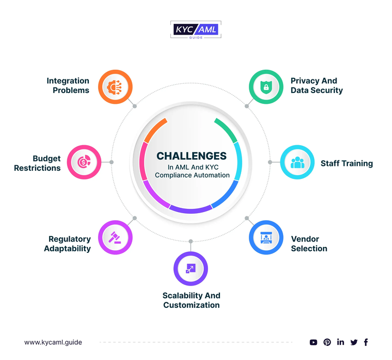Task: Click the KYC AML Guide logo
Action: click(x=195, y=29)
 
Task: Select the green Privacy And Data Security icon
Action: click(x=266, y=86)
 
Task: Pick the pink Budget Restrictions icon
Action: click(x=84, y=162)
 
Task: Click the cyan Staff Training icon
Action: click(x=297, y=162)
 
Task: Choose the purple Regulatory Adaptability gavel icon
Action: click(x=115, y=237)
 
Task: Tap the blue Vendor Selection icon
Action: click(x=266, y=237)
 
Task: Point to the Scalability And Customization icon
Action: click(x=191, y=268)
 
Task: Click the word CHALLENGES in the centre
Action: click(x=191, y=156)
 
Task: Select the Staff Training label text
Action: click(x=346, y=163)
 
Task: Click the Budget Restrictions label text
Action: click(x=38, y=164)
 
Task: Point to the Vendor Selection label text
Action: click(x=309, y=244)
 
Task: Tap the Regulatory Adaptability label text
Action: click(x=69, y=244)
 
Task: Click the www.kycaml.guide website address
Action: click(x=53, y=342)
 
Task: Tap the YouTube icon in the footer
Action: click(x=314, y=342)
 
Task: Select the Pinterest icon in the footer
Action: click(x=327, y=342)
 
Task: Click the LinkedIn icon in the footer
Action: click(x=341, y=342)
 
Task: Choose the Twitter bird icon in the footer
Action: click(x=354, y=342)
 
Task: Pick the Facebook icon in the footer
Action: click(x=366, y=342)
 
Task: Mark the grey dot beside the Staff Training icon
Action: click(x=269, y=162)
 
